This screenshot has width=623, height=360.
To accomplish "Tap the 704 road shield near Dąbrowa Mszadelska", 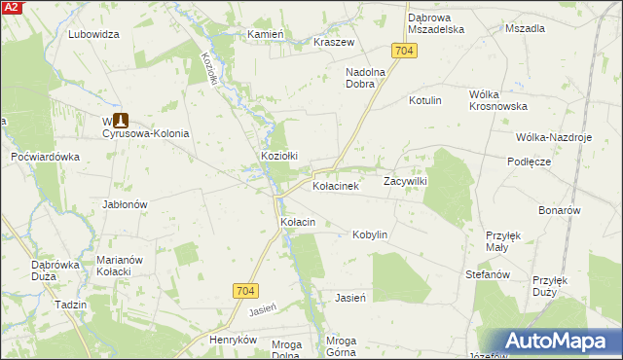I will [x=406, y=50].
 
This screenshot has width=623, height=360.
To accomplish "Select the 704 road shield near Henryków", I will [x=246, y=290].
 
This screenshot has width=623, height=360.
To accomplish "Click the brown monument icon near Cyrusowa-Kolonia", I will [x=121, y=121].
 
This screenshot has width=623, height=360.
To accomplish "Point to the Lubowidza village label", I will [x=93, y=34].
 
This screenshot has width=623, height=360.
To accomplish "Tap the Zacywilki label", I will [x=406, y=181].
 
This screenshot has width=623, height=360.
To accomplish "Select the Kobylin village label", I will [x=371, y=234].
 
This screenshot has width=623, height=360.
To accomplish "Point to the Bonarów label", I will [x=560, y=210].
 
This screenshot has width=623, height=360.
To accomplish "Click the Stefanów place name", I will [x=488, y=275].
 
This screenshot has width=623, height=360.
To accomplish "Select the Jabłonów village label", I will [x=125, y=205].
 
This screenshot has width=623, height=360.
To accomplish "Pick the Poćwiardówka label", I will [x=45, y=157].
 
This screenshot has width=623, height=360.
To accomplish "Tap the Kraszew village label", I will [x=334, y=43].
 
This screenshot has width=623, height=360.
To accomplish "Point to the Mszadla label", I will [x=525, y=28].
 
